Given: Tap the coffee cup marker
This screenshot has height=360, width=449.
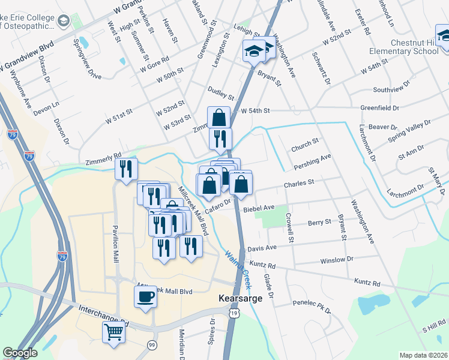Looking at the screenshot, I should (145, 296).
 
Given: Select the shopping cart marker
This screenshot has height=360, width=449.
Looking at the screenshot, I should (113, 331).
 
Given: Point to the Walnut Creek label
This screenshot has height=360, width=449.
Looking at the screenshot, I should (238, 269).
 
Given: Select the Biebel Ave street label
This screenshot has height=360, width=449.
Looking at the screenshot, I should (259, 208).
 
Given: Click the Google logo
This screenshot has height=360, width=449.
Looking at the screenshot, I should (20, 353).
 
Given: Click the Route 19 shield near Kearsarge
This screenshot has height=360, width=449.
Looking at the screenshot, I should (234, 313).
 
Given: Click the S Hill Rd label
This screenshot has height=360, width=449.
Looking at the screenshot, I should (433, 328).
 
